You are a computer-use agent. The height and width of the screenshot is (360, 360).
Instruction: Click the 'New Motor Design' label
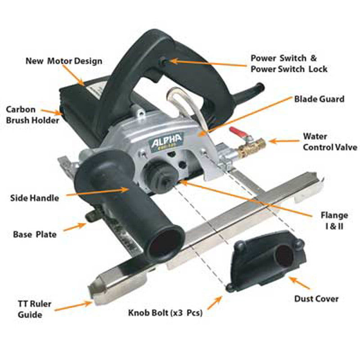(63, 61)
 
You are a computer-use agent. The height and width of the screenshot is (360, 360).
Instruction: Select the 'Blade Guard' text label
(319, 99)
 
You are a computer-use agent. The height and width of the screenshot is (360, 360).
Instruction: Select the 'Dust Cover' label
(316, 298)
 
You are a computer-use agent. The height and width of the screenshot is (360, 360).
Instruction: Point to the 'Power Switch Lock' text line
(289, 69)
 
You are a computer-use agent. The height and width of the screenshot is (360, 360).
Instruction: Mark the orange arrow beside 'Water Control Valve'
(283, 141)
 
